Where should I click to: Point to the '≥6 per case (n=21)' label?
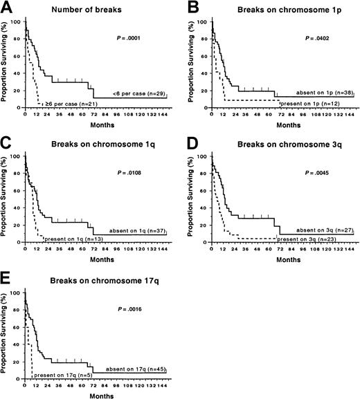coord(69,104)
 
